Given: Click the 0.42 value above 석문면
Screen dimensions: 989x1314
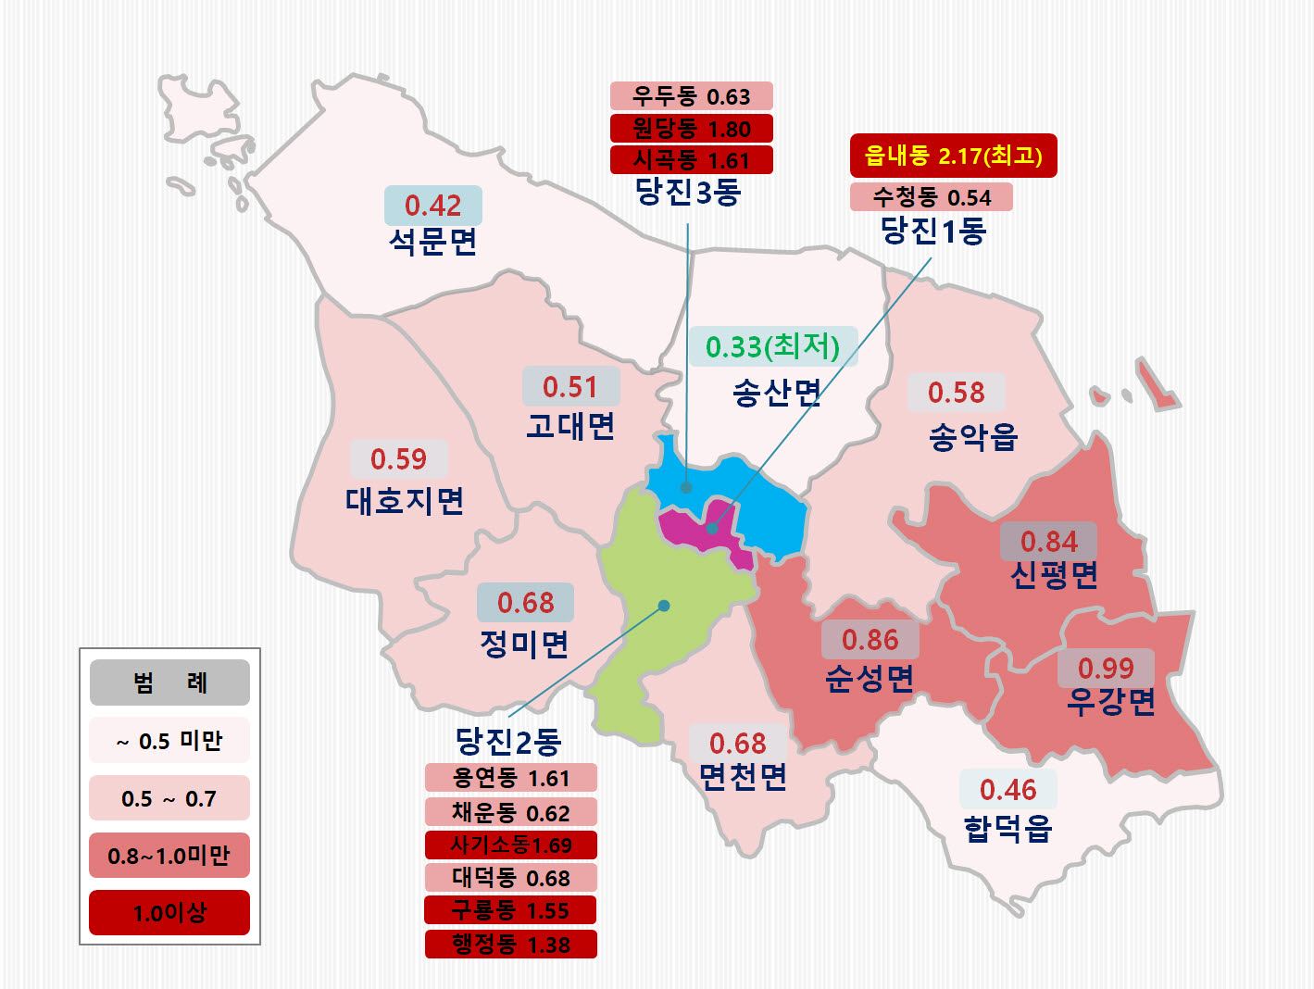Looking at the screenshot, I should [432, 206].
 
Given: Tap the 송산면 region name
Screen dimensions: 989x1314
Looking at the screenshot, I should [776, 394].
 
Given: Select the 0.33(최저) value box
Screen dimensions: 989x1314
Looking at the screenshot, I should [772, 347].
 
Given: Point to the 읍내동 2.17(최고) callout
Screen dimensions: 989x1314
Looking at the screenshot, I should [953, 156].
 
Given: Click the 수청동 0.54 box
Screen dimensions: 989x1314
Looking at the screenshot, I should [931, 197].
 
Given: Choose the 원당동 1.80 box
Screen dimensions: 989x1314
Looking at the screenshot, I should [691, 129].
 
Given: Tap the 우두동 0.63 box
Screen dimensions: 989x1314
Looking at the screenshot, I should [691, 96].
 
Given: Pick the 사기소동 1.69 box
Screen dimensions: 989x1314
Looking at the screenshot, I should [510, 845].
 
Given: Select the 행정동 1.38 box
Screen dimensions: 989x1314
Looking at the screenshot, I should [510, 945].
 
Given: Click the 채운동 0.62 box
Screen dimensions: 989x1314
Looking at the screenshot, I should [510, 812].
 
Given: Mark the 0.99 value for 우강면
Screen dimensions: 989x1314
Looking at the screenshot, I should [1106, 668].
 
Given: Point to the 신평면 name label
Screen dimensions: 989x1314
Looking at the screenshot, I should [1054, 575].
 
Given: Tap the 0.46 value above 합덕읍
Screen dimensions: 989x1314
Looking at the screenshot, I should [1007, 790].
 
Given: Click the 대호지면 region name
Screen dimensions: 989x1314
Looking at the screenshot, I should [405, 501].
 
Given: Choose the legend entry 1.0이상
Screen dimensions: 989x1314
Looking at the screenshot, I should [169, 913].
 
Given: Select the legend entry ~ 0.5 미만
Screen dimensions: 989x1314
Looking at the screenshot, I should [169, 741].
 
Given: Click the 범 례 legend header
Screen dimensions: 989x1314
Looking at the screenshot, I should [169, 683].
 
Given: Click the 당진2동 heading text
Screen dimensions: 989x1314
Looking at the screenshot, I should [508, 741].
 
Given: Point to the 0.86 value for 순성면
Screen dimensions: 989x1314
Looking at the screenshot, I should [870, 640].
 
